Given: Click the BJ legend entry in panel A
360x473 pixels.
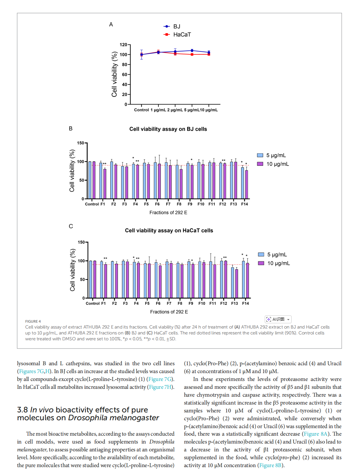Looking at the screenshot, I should click(x=176, y=27).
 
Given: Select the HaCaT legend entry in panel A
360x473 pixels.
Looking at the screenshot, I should click(x=182, y=35).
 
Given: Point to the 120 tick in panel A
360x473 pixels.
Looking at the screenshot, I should click(x=123, y=45).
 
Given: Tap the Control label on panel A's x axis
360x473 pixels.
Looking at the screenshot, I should click(x=141, y=110).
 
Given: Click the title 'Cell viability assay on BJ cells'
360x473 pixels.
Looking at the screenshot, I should click(x=168, y=129).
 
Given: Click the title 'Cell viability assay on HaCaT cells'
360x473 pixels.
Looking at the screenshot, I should click(x=169, y=231).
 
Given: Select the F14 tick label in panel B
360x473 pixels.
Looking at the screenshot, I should click(x=244, y=204).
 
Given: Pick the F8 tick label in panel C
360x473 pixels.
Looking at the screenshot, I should click(x=180, y=303).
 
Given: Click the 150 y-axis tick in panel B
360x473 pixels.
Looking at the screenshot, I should click(x=81, y=143).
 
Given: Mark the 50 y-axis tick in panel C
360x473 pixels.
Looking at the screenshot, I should click(x=82, y=279).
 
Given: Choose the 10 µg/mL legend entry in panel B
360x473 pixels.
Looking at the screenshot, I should click(x=277, y=164).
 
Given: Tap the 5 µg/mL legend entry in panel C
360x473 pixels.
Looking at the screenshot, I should click(x=277, y=255).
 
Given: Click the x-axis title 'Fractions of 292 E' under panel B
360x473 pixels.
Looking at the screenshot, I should click(x=168, y=213).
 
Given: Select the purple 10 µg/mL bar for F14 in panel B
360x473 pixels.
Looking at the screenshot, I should click(x=246, y=184).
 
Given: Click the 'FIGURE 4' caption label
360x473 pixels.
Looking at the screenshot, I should click(x=33, y=321).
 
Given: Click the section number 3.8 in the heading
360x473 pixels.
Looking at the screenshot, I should click(x=22, y=410).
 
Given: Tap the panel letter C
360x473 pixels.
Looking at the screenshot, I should click(x=71, y=226).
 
